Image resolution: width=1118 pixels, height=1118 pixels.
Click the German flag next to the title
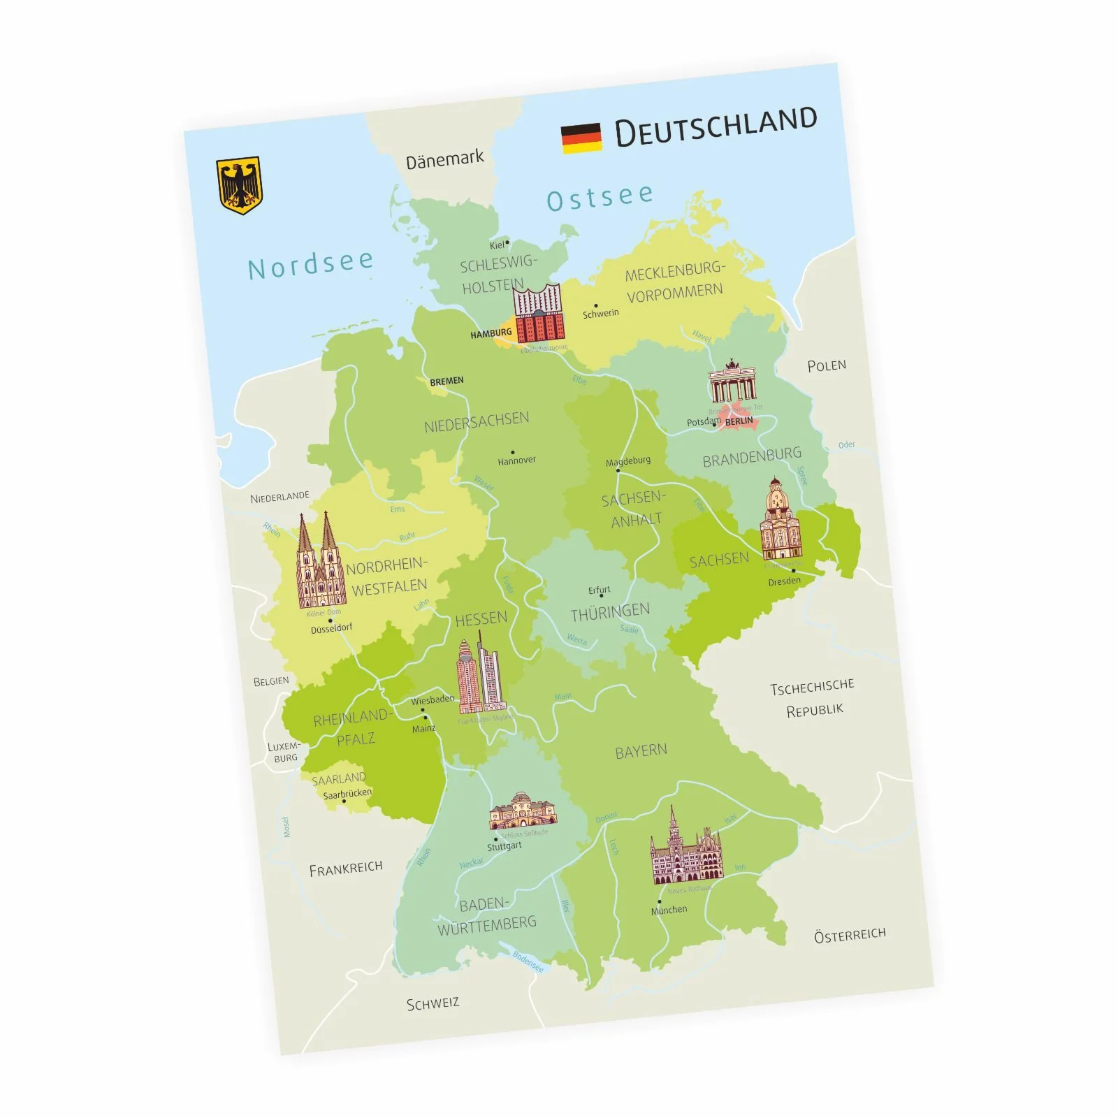[x=581, y=138]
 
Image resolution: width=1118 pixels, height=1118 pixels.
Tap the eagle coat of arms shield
[x=238, y=185]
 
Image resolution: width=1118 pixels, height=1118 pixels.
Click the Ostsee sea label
[x=600, y=197]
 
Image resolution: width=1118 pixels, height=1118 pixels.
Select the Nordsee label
[x=310, y=264]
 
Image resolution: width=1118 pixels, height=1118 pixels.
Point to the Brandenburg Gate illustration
[x=732, y=382]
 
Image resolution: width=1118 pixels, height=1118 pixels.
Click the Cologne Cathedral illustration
[x=320, y=563]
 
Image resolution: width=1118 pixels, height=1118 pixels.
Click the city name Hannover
[x=517, y=460]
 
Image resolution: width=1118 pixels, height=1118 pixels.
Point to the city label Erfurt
[x=599, y=590]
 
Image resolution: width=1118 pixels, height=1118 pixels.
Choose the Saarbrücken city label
[x=347, y=793]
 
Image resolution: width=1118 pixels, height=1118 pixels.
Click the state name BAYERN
[x=641, y=752]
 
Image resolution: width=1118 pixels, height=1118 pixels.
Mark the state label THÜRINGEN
[x=610, y=613]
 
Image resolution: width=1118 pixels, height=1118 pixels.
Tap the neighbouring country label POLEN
[x=827, y=365]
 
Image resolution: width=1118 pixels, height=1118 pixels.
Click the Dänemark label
[x=444, y=160]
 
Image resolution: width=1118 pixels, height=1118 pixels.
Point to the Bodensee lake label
[x=528, y=961]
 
